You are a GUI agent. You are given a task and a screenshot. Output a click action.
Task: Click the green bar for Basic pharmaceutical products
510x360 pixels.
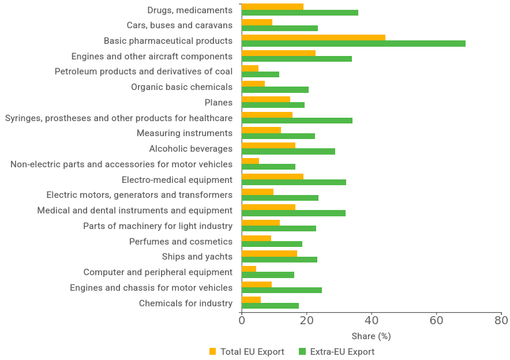coord(353,44)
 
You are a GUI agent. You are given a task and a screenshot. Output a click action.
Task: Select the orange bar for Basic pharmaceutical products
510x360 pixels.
coord(313,37)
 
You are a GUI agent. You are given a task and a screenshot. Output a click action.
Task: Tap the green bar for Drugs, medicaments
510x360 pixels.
coord(299,13)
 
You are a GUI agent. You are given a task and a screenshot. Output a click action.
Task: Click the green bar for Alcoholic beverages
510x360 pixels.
coord(288,152)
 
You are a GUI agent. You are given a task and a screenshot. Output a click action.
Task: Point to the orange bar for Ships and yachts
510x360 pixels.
coord(269,253)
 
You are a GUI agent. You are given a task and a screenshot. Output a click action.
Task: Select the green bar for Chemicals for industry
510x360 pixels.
coord(270,306)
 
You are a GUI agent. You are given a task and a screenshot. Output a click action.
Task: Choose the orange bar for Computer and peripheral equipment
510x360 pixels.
coord(249,269)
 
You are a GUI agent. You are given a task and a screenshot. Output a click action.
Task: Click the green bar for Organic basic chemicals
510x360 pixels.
coord(275,90)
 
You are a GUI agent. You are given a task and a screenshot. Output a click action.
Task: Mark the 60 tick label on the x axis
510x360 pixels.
coord(436,320)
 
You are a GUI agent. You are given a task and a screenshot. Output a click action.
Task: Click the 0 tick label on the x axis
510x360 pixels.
coord(242,320)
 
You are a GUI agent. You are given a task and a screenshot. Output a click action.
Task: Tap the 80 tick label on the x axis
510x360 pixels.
coord(501,320)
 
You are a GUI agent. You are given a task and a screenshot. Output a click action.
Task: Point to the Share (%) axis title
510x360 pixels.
coord(371,336)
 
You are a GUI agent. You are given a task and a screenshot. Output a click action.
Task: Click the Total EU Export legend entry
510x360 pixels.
coord(252,351)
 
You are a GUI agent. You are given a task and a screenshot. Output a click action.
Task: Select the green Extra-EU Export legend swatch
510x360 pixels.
coord(302,351)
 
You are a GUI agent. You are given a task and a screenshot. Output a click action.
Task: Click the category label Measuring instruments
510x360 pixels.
coord(184,133)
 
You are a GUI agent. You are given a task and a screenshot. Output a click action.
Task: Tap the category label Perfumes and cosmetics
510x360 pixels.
coord(181,241)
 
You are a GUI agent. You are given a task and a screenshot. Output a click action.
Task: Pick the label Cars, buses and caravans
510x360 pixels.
coord(179,25)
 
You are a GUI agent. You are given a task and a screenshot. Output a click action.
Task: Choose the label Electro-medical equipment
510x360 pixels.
coord(177,179)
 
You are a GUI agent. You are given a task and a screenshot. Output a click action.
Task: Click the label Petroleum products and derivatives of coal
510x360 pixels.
coord(144,72)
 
